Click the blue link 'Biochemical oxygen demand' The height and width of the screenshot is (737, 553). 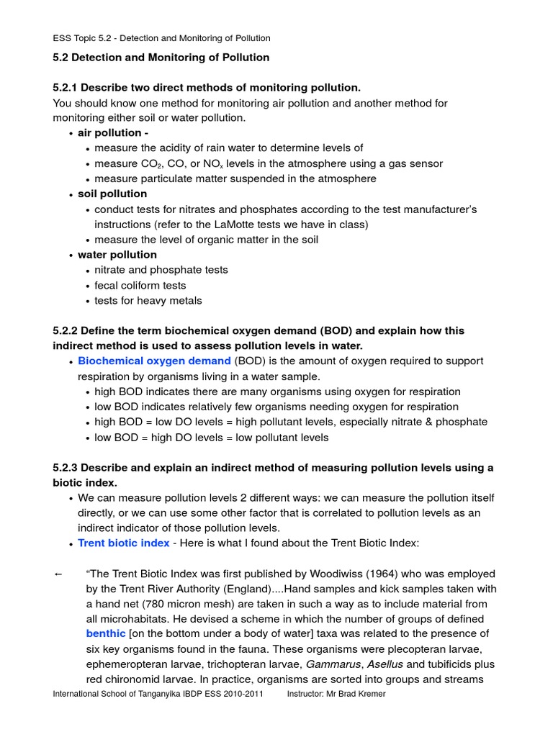pyautogui.click(x=154, y=361)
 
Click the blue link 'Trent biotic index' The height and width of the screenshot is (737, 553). pyautogui.click(x=123, y=543)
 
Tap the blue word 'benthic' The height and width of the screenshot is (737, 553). pyautogui.click(x=104, y=633)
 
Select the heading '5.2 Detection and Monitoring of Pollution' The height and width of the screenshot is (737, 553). pyautogui.click(x=161, y=57)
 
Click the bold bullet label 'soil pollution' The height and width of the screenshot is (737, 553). pyautogui.click(x=112, y=194)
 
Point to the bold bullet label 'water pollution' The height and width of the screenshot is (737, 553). pyautogui.click(x=117, y=255)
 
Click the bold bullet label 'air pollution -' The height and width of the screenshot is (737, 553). pyautogui.click(x=113, y=132)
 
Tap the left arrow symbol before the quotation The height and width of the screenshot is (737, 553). pyautogui.click(x=58, y=574)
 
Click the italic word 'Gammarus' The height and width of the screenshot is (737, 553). pyautogui.click(x=333, y=664)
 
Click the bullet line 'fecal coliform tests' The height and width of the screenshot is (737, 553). pyautogui.click(x=140, y=285)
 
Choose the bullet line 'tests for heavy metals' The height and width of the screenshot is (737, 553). pyautogui.click(x=148, y=301)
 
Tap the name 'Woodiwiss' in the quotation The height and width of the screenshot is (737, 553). pyautogui.click(x=336, y=574)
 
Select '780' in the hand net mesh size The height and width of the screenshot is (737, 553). pyautogui.click(x=162, y=604)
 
